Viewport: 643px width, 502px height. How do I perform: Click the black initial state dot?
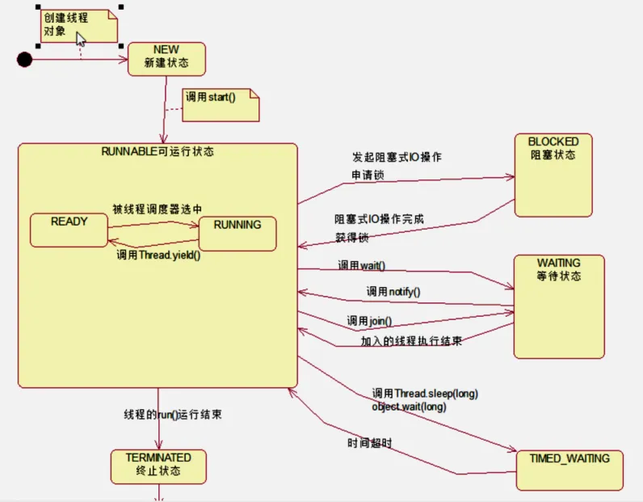coord(25,59)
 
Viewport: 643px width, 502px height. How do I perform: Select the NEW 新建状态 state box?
coord(166,59)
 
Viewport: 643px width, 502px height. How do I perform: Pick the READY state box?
coord(69,230)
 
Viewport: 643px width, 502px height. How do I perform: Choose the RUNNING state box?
coord(237,233)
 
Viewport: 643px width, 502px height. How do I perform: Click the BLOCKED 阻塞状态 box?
coord(553,175)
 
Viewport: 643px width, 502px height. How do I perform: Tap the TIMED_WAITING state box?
coord(569,469)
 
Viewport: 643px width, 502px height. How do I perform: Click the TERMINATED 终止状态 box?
coord(158,465)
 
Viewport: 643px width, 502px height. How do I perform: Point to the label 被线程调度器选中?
coord(157,209)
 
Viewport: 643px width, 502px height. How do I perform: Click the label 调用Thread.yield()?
coord(158,255)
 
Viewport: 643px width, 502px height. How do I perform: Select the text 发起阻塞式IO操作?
coord(397,157)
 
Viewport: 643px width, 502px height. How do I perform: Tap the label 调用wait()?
coord(361,265)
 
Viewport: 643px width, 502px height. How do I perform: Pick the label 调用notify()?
coord(393,291)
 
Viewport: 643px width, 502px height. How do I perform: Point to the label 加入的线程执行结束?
coord(411,341)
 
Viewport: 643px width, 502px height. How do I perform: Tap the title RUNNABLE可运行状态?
coord(158,151)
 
